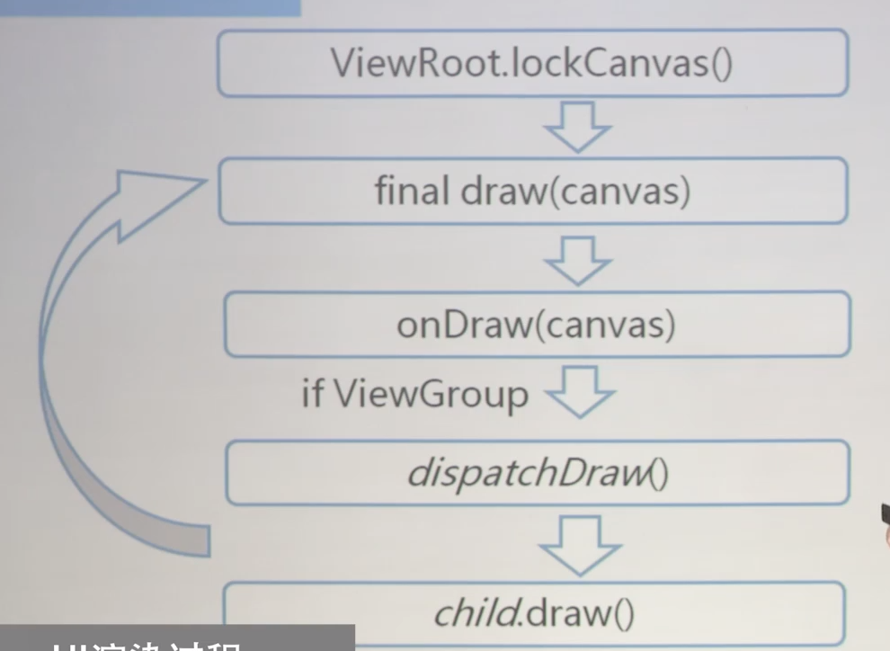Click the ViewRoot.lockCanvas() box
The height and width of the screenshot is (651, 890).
(532, 63)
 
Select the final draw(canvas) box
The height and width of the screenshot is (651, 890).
(532, 191)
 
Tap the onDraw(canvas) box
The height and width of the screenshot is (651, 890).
(536, 324)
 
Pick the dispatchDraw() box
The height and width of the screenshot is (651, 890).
(537, 472)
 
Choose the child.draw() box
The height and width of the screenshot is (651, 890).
(534, 613)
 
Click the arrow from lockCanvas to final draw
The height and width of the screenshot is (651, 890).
(578, 127)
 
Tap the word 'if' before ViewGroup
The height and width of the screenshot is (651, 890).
(312, 394)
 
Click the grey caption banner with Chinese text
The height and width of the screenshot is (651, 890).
(177, 638)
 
